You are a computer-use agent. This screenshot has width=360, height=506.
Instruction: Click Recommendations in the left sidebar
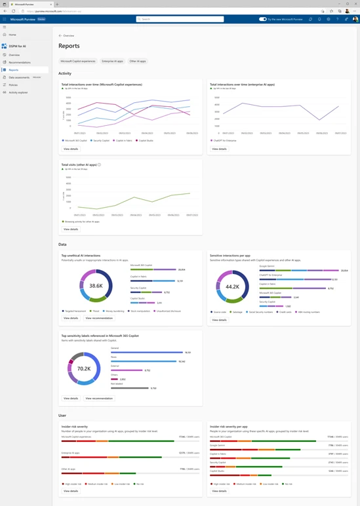tap(20, 62)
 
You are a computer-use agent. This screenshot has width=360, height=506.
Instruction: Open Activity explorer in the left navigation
tap(18, 92)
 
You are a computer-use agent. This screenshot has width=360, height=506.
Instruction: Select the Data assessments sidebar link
tap(19, 77)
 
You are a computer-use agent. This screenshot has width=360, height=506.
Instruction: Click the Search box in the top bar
tap(180, 19)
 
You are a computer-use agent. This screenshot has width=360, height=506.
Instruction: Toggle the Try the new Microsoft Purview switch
tap(263, 19)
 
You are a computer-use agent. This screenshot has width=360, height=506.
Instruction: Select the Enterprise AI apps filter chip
tap(112, 61)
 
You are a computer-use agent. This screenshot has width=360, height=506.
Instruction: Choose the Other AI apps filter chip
tap(138, 61)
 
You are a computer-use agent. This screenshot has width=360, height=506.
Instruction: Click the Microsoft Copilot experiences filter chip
tap(78, 61)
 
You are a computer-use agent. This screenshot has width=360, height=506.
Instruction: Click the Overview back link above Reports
tap(68, 35)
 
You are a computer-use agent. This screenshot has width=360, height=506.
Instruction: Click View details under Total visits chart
tap(71, 229)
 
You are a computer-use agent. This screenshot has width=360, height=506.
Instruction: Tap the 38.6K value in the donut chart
tap(96, 286)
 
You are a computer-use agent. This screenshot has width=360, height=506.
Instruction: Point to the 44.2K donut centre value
tap(232, 286)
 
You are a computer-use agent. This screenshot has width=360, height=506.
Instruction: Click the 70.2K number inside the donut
tap(84, 369)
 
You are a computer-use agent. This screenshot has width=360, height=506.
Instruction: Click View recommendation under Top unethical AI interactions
tap(99, 318)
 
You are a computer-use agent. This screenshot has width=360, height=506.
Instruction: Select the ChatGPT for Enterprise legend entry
tap(224, 140)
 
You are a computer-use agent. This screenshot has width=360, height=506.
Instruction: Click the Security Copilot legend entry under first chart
tap(101, 140)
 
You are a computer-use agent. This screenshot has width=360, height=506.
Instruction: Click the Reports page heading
tap(69, 47)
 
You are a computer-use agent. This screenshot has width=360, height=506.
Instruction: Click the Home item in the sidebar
tap(12, 35)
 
